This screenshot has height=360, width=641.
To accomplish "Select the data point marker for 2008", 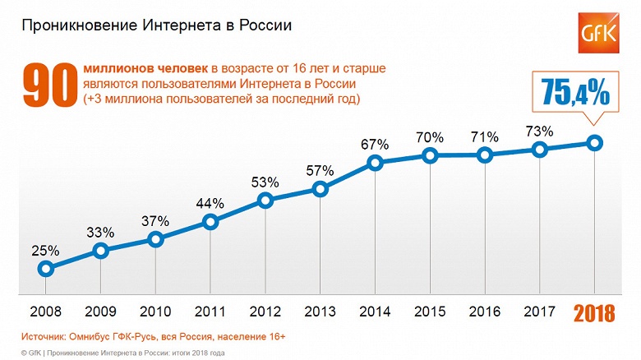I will (46, 268).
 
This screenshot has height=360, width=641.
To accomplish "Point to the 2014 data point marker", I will (376, 163).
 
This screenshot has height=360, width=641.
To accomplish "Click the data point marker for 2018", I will (595, 143).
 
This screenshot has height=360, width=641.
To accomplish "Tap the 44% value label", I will (210, 202).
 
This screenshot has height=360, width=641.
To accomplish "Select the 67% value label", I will (376, 144).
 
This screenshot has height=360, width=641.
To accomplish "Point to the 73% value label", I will (540, 131).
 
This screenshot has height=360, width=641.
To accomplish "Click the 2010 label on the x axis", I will (155, 313).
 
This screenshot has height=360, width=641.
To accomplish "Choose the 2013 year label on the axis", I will (320, 313).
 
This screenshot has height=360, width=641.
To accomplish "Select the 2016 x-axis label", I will (485, 313).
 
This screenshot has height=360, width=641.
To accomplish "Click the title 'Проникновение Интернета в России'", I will (156, 26).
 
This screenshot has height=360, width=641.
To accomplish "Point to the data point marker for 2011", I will (210, 221).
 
